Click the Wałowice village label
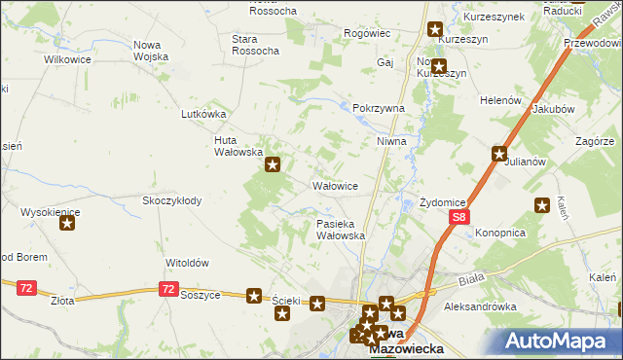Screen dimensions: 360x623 (335, 185)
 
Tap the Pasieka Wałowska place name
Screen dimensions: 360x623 (341, 230)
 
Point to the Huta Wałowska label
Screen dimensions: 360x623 (238, 146)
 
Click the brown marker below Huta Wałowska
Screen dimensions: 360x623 (274, 165)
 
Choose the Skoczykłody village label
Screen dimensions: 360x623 (171, 201)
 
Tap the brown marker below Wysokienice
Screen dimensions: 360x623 (67, 224)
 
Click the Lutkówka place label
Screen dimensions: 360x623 (203, 113)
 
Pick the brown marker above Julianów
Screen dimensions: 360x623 (499, 153)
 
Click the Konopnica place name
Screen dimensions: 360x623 (500, 234)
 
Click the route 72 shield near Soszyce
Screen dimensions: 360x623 (169, 289)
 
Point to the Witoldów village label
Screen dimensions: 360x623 (188, 263)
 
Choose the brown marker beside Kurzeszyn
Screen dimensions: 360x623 (435, 30)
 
